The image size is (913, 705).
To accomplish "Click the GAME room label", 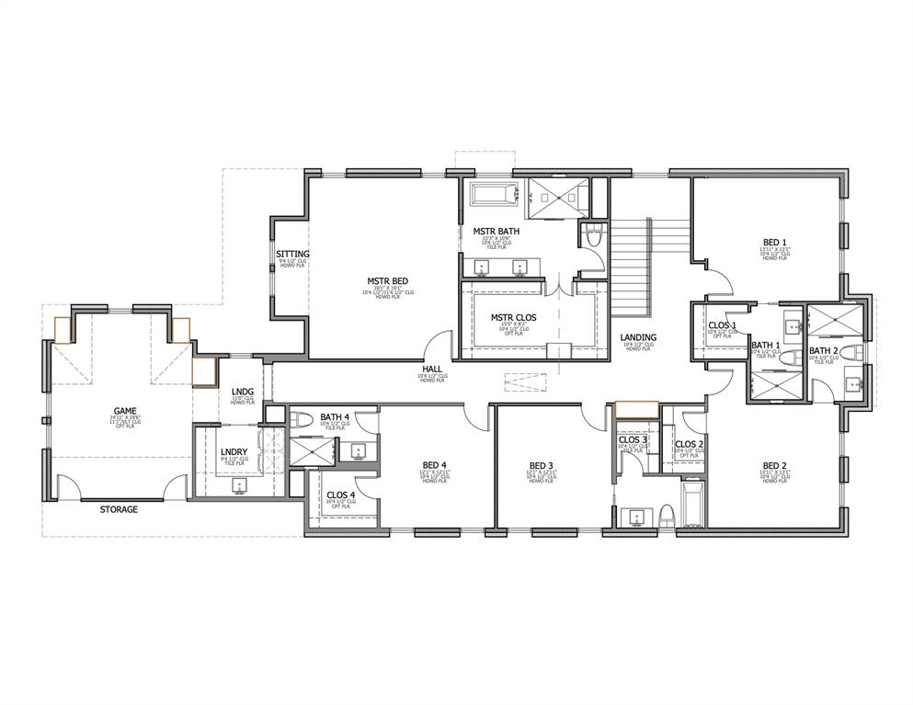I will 125,412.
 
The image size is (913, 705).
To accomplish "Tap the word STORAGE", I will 119,509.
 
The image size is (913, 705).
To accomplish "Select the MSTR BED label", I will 387,281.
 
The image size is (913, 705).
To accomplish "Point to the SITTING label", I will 293,254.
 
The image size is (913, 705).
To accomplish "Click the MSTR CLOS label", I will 513,318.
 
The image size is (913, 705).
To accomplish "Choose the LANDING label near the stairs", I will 637,337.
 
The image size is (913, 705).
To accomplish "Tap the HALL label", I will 432,369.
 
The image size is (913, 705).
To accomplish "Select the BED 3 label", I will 542,464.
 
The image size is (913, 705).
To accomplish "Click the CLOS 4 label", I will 341,495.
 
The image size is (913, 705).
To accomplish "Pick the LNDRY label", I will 234,451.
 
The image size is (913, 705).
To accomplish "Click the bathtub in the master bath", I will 494,195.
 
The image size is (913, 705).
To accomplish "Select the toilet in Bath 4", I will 303,421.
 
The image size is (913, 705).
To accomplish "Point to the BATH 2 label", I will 824,350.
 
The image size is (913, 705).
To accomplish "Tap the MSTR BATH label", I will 496,231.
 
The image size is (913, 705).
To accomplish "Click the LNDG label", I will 243,392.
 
